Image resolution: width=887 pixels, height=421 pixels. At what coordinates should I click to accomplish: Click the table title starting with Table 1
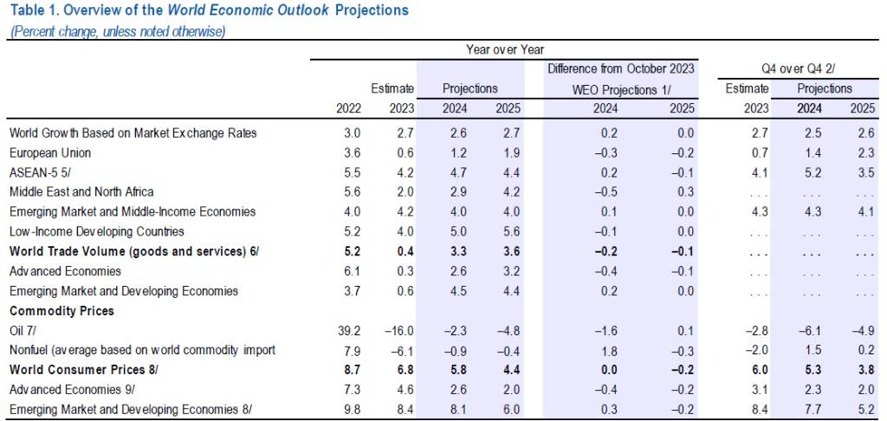[208, 12]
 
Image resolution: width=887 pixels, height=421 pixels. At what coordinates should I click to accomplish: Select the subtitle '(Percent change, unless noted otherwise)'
[117, 32]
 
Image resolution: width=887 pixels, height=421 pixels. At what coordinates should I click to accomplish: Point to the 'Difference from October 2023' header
[620, 68]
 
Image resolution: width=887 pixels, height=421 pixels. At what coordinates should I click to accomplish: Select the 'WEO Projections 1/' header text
[621, 88]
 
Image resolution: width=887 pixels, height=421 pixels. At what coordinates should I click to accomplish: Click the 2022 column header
[348, 108]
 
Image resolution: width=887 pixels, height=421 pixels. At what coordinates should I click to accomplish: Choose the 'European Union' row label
[49, 152]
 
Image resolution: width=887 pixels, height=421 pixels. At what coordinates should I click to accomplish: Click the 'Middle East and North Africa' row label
[81, 191]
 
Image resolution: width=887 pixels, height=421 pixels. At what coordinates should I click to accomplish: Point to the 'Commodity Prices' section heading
[62, 310]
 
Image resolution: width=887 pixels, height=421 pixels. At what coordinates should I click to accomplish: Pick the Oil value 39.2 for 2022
[348, 330]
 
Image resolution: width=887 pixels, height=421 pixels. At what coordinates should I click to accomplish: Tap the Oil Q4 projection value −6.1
[810, 330]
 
